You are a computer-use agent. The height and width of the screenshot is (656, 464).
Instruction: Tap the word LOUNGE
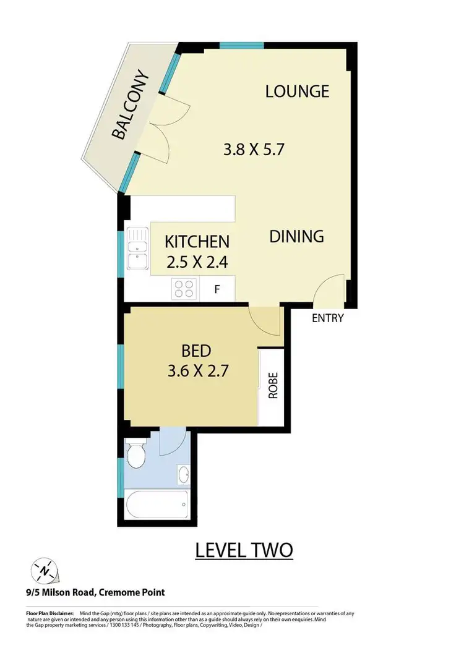click(297, 92)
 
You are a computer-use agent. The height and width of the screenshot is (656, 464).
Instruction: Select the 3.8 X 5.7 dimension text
click(253, 149)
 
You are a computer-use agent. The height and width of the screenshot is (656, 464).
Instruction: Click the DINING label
click(296, 236)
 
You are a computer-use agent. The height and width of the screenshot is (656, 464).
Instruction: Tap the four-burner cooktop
click(184, 288)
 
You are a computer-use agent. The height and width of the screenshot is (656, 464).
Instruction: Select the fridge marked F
click(217, 289)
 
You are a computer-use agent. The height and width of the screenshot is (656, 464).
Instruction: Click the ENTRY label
click(327, 318)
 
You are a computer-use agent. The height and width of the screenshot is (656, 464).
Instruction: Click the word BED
click(196, 351)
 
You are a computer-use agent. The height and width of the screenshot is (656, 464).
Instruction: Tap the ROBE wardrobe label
click(273, 386)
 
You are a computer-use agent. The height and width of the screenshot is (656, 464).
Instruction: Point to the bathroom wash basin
click(183, 475)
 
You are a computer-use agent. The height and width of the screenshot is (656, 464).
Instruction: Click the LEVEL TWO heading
click(244, 550)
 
